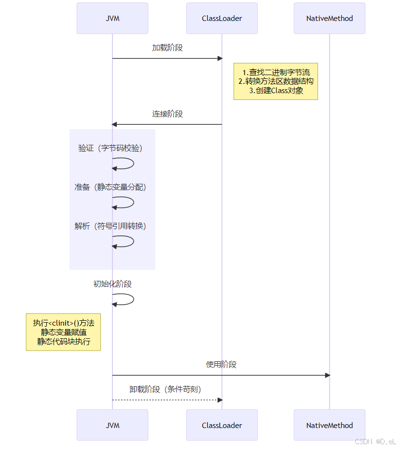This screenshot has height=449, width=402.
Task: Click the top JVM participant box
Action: (112, 19)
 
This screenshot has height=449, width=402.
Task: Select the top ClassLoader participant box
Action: (222, 19)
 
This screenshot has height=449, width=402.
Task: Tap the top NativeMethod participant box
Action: (329, 19)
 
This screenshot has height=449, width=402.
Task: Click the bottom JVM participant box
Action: (112, 425)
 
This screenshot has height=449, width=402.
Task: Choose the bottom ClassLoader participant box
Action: (222, 425)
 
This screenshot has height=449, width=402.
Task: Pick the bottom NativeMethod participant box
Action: (329, 425)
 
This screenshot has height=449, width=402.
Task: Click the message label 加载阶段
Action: (167, 48)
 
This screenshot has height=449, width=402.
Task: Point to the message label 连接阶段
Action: (167, 114)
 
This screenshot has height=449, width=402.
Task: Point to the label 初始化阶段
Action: (112, 284)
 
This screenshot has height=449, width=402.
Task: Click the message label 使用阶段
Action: (221, 365)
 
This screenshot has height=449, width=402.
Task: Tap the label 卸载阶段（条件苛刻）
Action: (165, 390)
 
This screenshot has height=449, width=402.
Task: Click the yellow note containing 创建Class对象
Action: (275, 81)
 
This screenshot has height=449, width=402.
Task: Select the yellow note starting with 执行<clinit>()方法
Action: (63, 332)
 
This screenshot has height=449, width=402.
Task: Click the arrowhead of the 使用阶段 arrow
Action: (328, 375)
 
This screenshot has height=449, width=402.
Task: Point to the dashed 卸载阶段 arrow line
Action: (165, 400)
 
